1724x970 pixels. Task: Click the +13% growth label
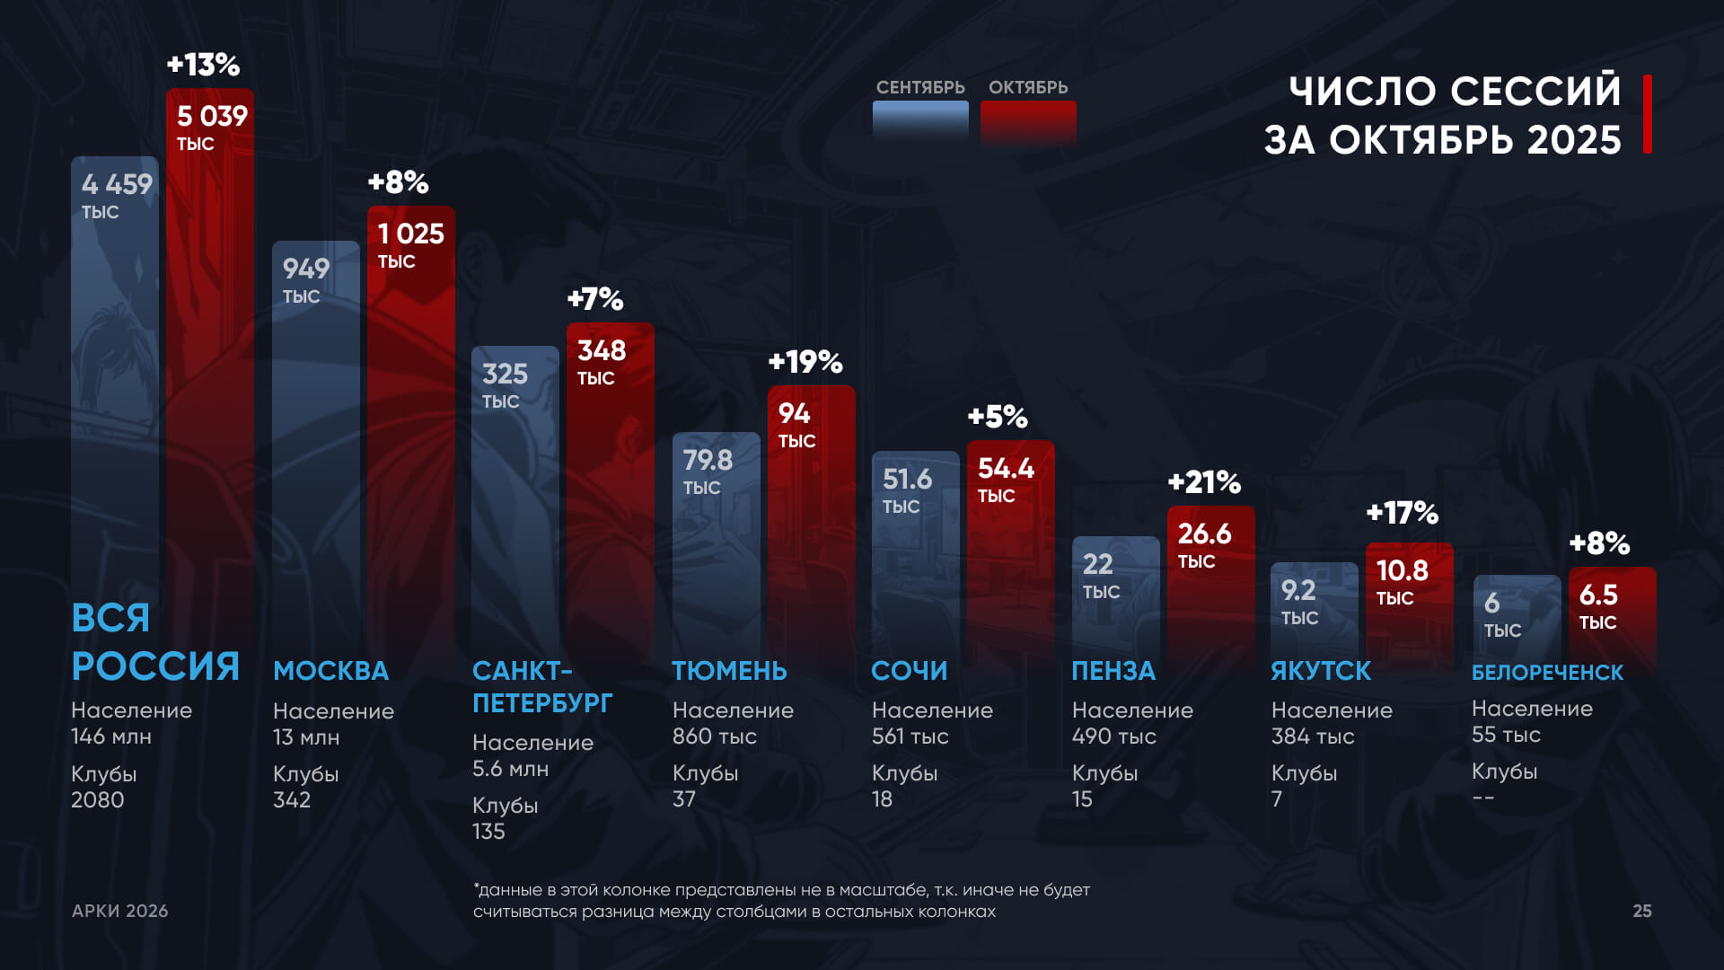pyautogui.click(x=204, y=65)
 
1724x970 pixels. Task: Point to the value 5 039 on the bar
pyautogui.click(x=212, y=116)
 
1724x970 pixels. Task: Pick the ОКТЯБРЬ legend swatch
pyautogui.click(x=1028, y=121)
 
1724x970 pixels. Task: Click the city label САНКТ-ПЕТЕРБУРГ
pyautogui.click(x=542, y=687)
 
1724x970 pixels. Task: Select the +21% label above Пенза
pyautogui.click(x=1204, y=482)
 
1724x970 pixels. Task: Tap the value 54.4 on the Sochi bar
pyautogui.click(x=1006, y=468)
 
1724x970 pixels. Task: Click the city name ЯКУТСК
pyautogui.click(x=1321, y=671)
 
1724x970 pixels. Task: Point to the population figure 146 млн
pyautogui.click(x=111, y=736)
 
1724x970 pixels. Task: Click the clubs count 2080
pyautogui.click(x=98, y=799)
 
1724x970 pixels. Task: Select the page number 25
pyautogui.click(x=1641, y=911)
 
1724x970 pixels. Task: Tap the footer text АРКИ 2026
pyautogui.click(x=120, y=911)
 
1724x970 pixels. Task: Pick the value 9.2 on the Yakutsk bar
pyautogui.click(x=1298, y=590)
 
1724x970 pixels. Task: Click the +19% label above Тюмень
pyautogui.click(x=805, y=362)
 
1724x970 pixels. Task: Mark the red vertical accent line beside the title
pyautogui.click(x=1648, y=114)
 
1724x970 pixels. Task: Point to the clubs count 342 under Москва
pyautogui.click(x=292, y=799)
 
